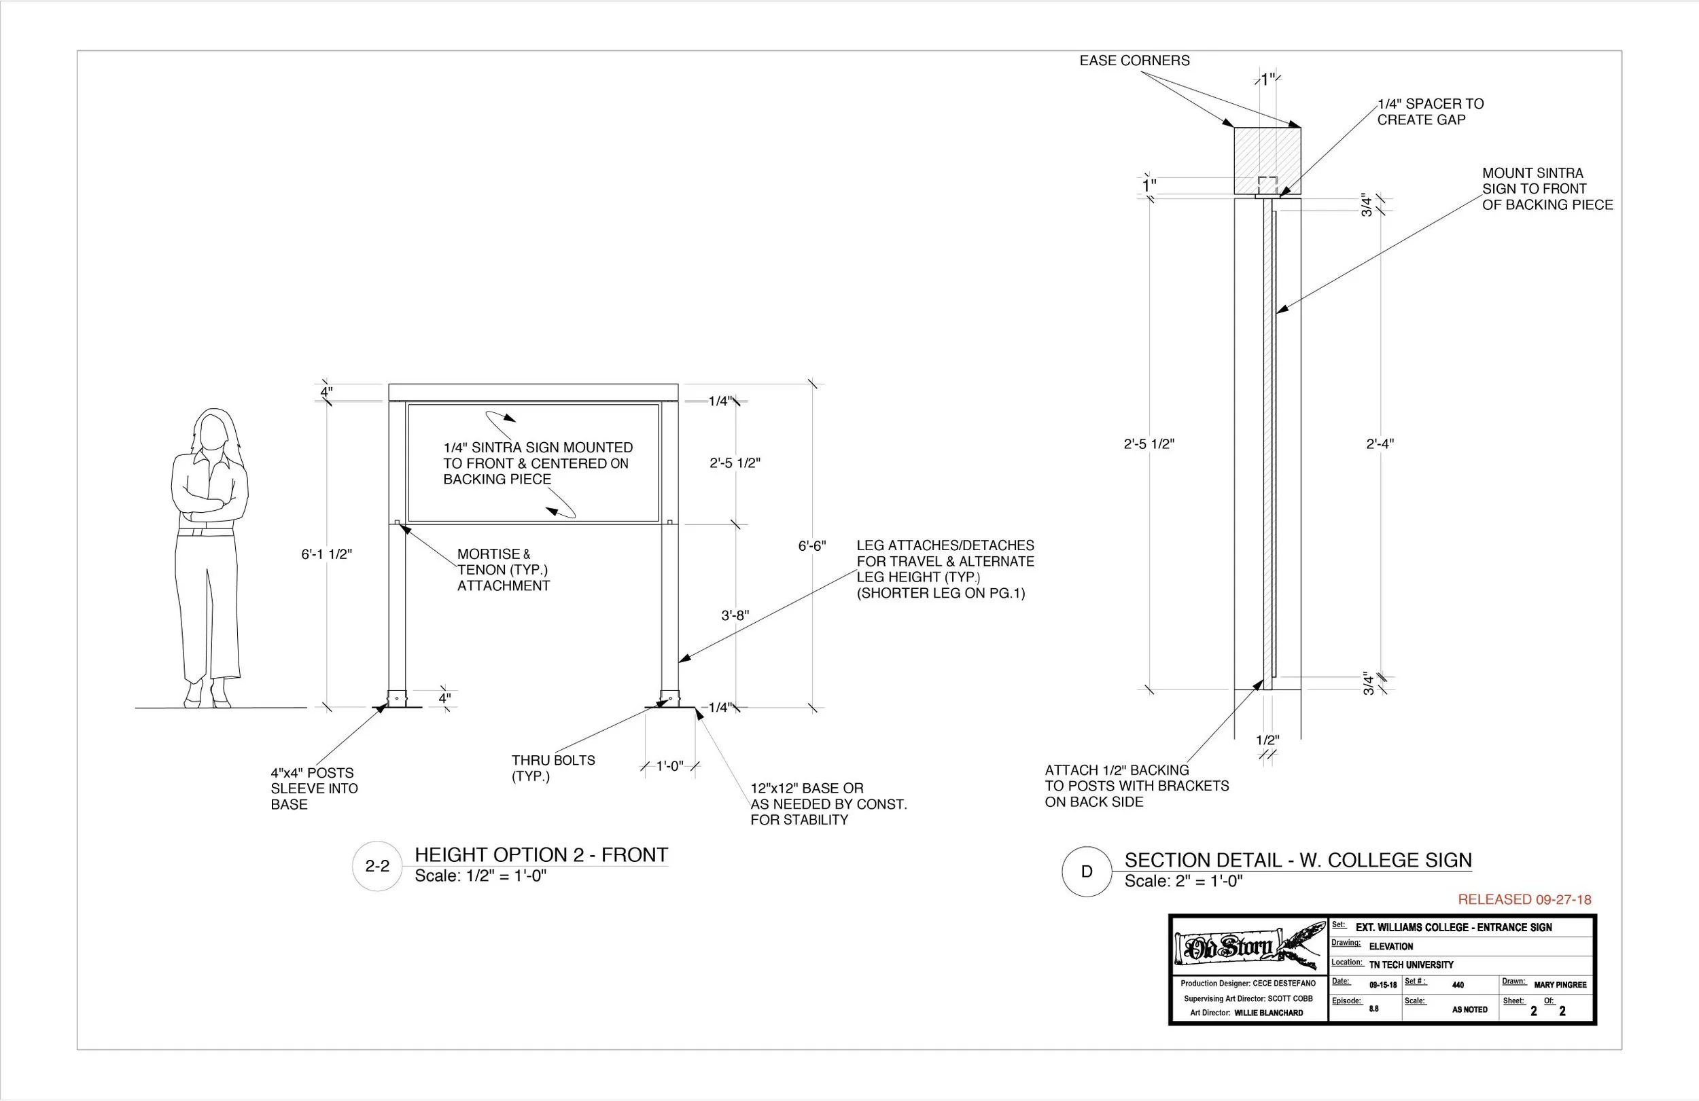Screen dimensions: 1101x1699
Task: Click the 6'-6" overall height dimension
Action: click(811, 546)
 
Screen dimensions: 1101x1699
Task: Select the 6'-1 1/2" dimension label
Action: click(326, 554)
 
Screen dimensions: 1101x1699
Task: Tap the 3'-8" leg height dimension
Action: click(735, 615)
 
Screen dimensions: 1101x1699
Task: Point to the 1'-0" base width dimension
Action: click(669, 766)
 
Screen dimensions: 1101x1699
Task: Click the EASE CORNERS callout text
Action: click(1134, 60)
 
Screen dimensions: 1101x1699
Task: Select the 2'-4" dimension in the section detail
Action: click(1380, 444)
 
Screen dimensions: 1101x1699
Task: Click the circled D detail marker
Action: click(1087, 871)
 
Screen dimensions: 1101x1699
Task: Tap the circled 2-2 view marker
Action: click(377, 866)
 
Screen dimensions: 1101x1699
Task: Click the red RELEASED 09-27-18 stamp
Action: click(1524, 900)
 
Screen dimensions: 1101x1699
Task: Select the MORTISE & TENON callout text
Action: click(504, 569)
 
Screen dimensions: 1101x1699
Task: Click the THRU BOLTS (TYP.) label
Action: click(553, 768)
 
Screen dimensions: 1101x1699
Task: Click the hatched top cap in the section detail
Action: click(1267, 160)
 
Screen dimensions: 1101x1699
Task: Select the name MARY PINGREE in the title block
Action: click(1560, 985)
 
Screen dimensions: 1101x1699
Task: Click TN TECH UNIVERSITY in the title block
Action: click(1411, 964)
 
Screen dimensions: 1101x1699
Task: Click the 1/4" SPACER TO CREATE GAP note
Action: click(1430, 112)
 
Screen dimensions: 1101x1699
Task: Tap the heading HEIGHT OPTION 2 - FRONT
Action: click(541, 855)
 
